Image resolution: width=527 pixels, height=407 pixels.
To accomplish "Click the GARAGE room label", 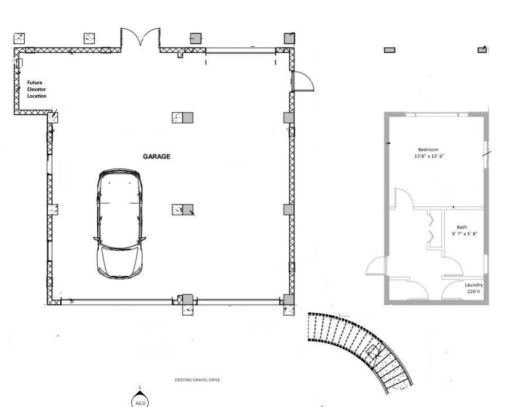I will pos(156,156).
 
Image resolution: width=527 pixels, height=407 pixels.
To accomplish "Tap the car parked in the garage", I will pos(119,224).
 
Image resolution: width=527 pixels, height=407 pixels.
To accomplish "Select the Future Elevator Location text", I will pos(37,89).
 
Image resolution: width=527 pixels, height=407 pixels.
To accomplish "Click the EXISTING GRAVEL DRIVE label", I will pos(198,380).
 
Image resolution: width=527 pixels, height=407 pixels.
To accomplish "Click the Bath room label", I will pos(462,227).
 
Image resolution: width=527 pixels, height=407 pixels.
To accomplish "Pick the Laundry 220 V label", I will pos(473,288).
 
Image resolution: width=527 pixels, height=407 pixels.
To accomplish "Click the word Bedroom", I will pos(428,150).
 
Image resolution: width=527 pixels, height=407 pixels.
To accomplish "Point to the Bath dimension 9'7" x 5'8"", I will pos(465,234).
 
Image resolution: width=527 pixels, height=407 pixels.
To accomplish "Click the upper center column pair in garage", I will pos(182,117).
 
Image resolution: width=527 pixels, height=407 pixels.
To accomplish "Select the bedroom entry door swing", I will pos(403,198).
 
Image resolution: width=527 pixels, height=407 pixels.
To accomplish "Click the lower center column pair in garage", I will pos(183,209).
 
